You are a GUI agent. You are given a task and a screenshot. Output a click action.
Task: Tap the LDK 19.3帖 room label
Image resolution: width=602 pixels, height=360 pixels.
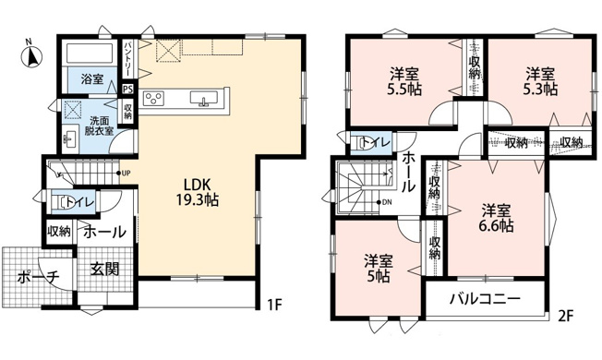[198, 192]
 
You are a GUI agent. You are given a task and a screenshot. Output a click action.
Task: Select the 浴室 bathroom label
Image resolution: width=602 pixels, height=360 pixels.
[91, 79]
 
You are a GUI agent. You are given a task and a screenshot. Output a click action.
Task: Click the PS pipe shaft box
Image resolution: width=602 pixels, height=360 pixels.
[127, 89]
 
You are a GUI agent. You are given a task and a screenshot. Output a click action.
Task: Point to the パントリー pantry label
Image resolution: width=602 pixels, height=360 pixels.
[127, 59]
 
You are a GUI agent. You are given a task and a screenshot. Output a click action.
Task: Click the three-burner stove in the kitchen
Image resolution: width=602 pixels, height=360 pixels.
[153, 98]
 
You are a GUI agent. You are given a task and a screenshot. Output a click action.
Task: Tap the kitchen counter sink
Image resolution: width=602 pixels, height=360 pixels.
[204, 98]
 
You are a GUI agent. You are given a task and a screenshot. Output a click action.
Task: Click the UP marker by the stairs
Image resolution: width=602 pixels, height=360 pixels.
[125, 174]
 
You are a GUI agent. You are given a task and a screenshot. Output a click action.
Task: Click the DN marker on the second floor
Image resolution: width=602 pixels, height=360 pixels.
[384, 202]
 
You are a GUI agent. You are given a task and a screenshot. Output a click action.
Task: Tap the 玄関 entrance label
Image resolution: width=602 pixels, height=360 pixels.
[104, 269]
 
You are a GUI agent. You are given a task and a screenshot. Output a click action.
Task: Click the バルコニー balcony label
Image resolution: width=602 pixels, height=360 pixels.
[485, 298]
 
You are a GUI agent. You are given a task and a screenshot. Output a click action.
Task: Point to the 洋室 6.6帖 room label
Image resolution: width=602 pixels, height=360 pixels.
[496, 219]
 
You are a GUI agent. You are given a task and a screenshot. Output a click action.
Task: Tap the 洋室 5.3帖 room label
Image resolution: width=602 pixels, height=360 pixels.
[540, 81]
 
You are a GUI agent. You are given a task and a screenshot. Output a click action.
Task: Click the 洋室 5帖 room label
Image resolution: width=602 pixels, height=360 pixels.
[379, 269]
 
